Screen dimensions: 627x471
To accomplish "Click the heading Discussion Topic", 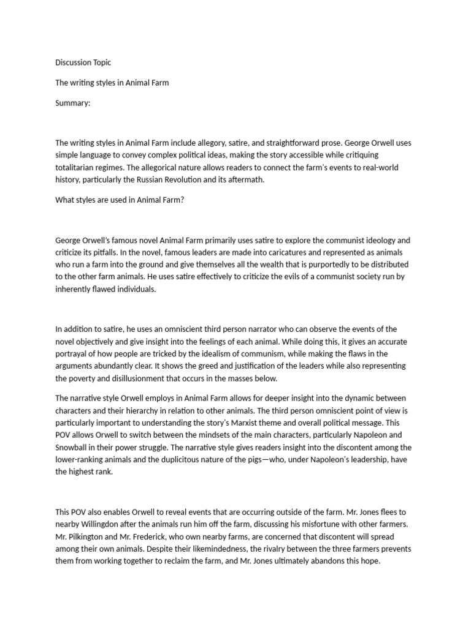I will click(83, 62).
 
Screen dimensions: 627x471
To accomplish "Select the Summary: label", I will click(72, 103).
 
